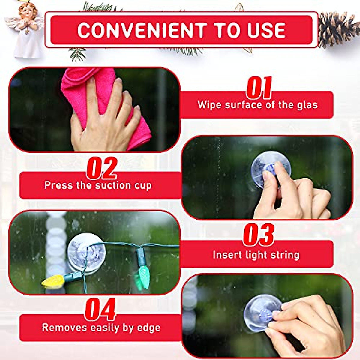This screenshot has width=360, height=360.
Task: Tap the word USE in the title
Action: pos(266,30)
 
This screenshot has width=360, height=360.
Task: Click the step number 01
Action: pos(259,88)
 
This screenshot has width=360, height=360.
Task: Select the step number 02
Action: pos(102,168)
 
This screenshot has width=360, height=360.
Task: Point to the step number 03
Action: pos(259,235)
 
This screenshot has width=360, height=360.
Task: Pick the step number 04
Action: pos(100,310)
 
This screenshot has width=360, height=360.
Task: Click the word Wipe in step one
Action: pos(209,105)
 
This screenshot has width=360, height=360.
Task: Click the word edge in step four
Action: pos(148,328)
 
